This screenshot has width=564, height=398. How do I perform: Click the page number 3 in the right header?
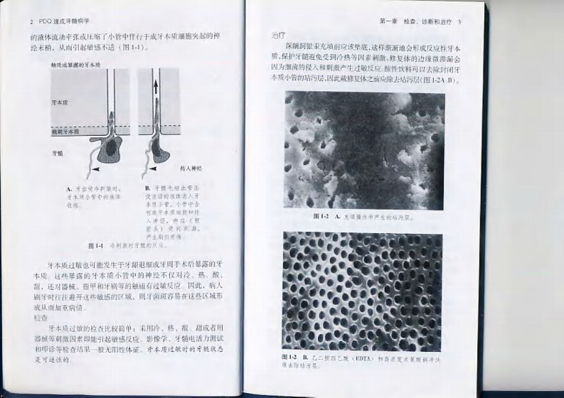click(459, 22)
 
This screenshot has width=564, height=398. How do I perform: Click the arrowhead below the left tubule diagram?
click(95, 171)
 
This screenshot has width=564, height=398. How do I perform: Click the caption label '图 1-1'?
click(97, 244)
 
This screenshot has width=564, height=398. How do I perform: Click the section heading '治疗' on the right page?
click(279, 35)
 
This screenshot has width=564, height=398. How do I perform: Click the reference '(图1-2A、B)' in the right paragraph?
click(438, 79)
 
